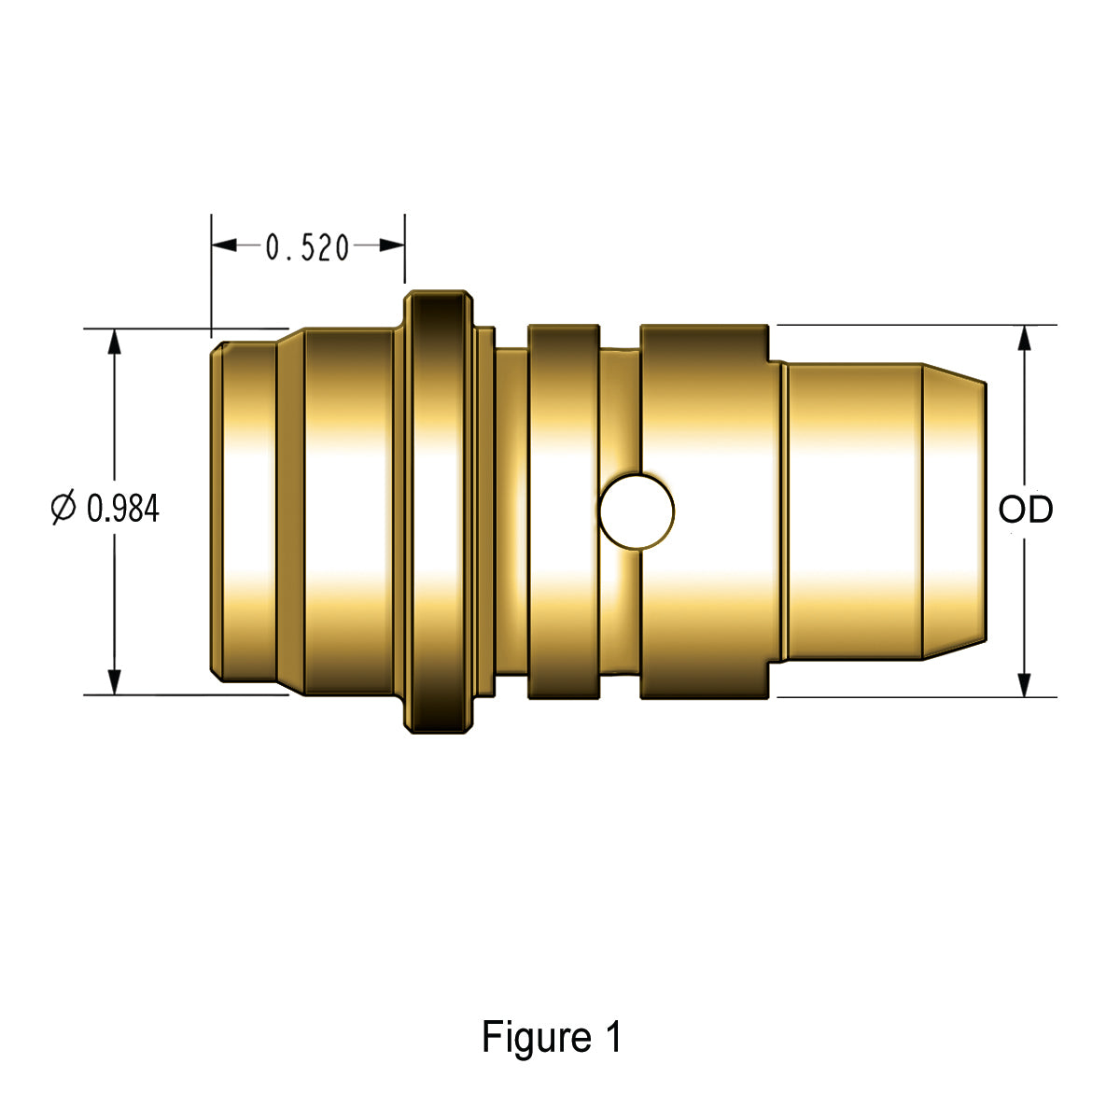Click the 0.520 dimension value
[x=307, y=247]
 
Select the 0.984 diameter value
[x=122, y=509]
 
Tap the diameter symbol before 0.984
[x=63, y=509]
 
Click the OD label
[x=1025, y=510]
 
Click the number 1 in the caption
[x=612, y=1037]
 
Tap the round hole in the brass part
[x=637, y=511]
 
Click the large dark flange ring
[x=437, y=511]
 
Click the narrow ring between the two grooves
[x=563, y=511]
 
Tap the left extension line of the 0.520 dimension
[x=212, y=275]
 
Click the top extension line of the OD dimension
[x=915, y=325]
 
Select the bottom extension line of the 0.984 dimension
[x=187, y=695]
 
